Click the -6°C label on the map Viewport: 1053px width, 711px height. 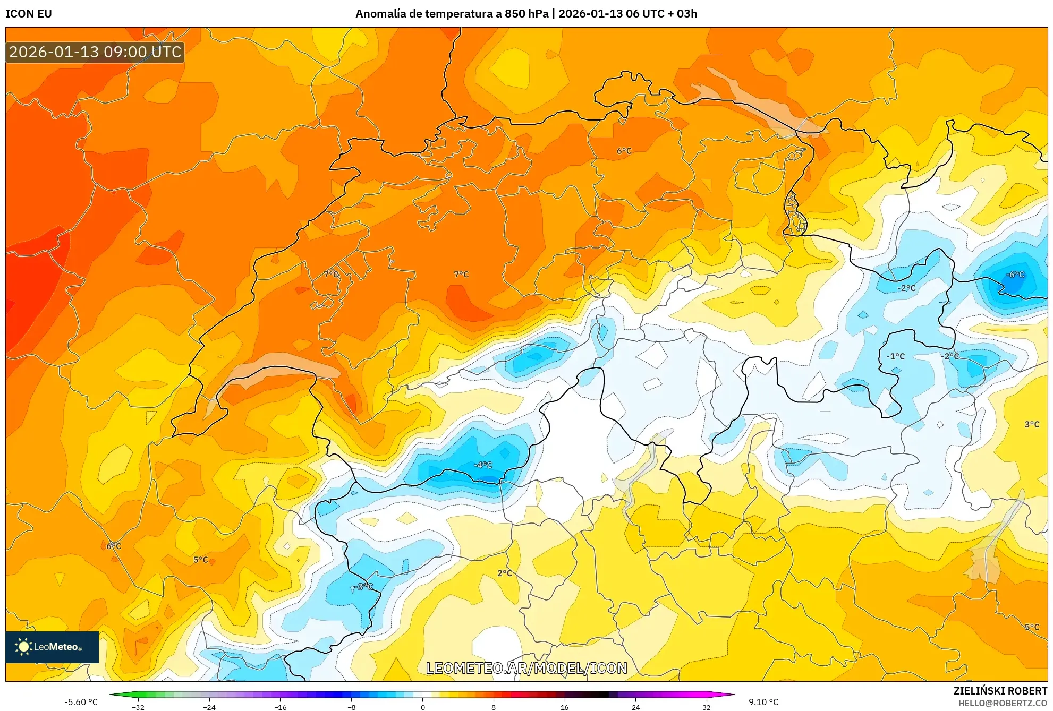pos(1015,275)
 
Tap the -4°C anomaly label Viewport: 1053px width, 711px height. pos(483,465)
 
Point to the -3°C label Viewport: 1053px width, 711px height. pos(363,587)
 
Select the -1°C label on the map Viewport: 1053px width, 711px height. pos(896,356)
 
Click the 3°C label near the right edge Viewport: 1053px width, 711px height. pos(1032,424)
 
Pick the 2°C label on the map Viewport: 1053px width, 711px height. pos(505,573)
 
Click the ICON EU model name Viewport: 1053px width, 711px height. pos(29,14)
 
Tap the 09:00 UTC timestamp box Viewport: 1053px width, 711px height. pos(95,52)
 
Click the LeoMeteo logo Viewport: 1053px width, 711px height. pos(52,647)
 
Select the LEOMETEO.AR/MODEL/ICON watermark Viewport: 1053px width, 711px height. pos(526,668)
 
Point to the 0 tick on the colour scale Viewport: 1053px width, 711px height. pos(423,707)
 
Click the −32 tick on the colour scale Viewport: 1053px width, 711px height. pos(138,707)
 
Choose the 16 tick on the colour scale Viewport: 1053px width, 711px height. pos(564,707)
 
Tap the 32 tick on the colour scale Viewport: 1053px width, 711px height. pos(706,707)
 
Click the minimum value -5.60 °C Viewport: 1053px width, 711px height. pos(81,702)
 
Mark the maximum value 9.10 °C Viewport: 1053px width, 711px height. pos(763,702)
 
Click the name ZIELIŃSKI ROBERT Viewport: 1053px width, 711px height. pos(1000,691)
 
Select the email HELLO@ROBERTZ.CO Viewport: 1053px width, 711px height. pos(1003,703)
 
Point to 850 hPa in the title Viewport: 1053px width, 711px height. pos(526,14)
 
